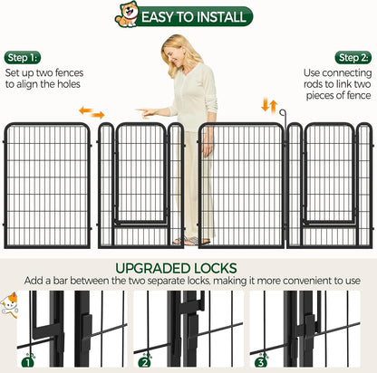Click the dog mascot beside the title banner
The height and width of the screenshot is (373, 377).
126,15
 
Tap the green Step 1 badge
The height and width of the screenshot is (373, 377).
23,57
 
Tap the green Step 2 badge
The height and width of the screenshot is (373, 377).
353,57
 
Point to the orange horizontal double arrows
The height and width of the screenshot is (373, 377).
91,112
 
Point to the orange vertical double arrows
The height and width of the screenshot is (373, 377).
269,107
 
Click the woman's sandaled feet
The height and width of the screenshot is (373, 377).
191,241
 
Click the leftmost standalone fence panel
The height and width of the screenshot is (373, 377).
47,185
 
